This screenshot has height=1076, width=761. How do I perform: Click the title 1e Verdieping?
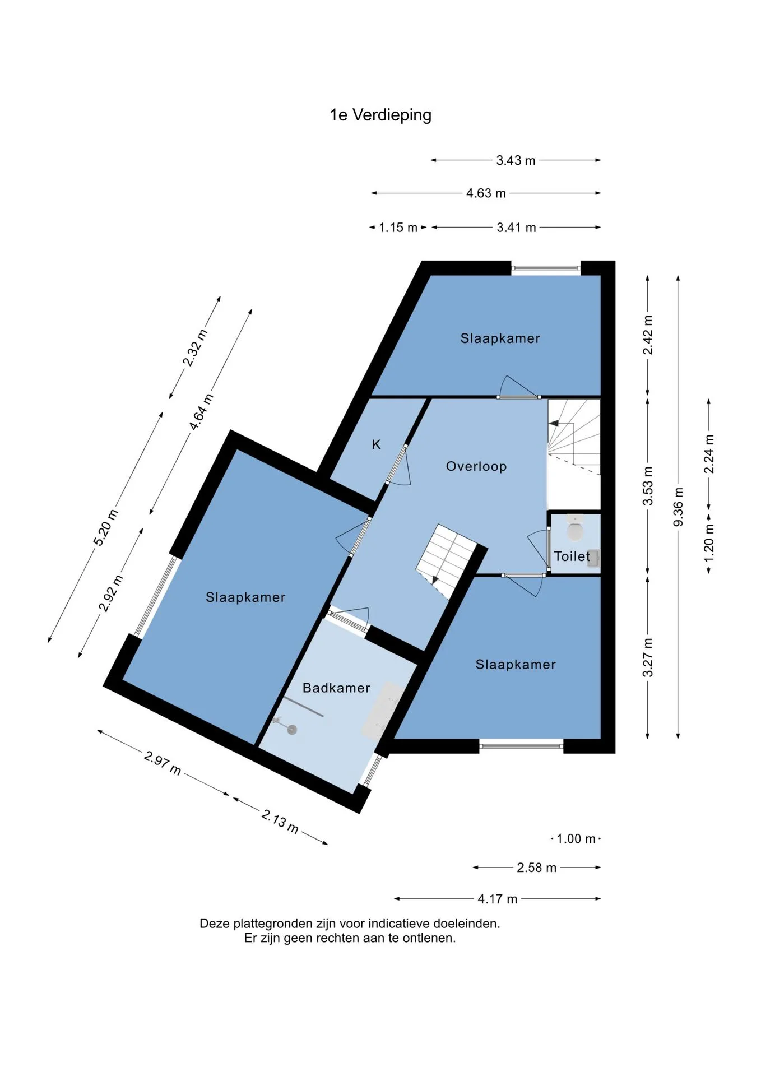point(380,115)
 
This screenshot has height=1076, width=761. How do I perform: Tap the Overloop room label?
point(476,466)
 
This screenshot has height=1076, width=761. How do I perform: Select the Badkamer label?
point(336,688)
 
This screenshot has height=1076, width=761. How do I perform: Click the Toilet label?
point(572,556)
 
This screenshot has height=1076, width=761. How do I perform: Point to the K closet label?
point(377,444)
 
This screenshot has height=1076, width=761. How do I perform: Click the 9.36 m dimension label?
point(678,507)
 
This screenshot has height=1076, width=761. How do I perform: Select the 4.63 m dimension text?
point(486,193)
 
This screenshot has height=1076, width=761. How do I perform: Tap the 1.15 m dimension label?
point(398,228)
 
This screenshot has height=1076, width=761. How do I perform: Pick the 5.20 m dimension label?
point(106,527)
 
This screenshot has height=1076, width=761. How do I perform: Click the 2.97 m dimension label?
point(163,763)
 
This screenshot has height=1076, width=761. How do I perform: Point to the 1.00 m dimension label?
point(576,839)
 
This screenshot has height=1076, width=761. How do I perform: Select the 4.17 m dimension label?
point(497,899)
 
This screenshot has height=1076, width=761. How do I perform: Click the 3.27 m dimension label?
point(648,657)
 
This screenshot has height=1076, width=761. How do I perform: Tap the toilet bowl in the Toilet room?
point(575,530)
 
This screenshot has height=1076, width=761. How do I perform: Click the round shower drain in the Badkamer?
point(291,729)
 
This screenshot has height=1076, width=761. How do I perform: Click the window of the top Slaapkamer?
point(546,268)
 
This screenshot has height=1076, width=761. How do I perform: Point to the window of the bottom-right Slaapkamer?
point(521,745)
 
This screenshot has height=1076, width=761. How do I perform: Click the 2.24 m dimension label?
point(709,454)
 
